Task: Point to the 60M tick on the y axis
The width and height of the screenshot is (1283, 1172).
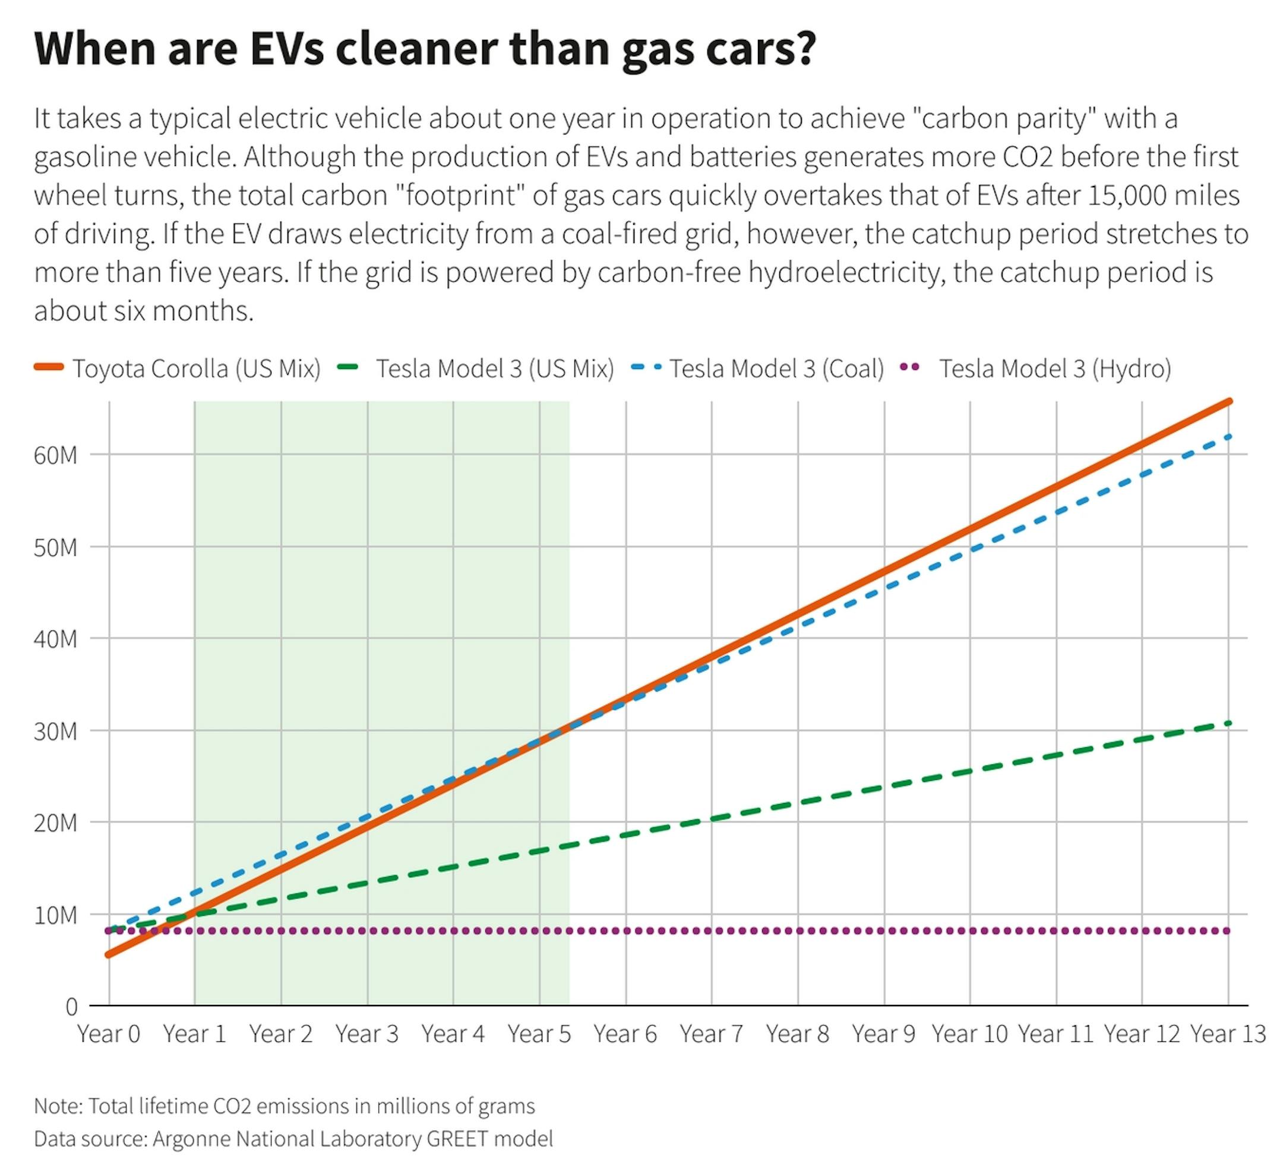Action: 55,456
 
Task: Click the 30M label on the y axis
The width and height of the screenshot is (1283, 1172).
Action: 55,732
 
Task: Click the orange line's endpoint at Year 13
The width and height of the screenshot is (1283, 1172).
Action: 1228,402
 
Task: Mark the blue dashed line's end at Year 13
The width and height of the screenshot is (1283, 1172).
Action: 1228,437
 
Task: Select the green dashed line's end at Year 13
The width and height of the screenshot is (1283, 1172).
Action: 1228,723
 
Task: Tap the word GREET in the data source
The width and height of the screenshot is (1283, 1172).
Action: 457,1138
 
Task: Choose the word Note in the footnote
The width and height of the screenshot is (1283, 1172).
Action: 57,1107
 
